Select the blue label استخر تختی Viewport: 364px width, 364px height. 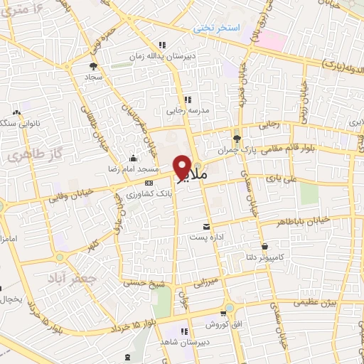click(219, 28)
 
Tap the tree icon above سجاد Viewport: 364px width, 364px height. click(93, 66)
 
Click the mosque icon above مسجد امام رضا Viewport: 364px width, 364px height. click(134, 159)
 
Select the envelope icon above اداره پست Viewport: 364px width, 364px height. click(206, 227)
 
